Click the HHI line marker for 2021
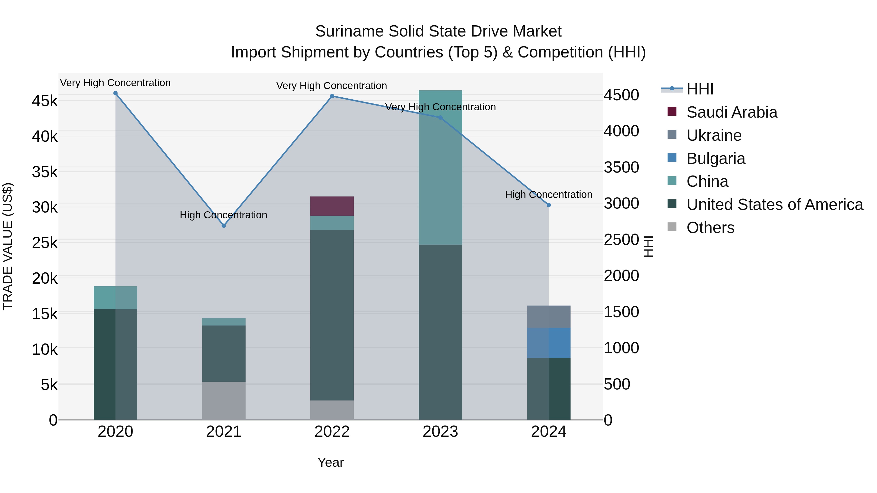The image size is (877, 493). tap(224, 226)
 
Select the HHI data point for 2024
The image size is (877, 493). tap(548, 205)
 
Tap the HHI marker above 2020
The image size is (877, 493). tap(115, 93)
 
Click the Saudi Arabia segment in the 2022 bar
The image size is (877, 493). tap(332, 206)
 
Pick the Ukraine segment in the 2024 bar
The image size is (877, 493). tap(548, 316)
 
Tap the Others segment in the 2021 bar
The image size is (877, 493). tap(224, 400)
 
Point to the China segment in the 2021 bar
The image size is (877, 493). tap(224, 322)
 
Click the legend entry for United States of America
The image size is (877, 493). tap(774, 205)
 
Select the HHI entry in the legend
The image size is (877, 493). tap(700, 89)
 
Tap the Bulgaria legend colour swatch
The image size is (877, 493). tap(672, 158)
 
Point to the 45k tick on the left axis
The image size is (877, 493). tap(45, 101)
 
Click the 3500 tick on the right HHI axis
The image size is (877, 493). tap(621, 167)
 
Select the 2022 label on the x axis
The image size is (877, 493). tap(332, 432)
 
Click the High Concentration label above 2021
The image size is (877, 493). tap(223, 215)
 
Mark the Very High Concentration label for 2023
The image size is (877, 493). tap(440, 107)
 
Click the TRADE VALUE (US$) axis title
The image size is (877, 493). tap(8, 246)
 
